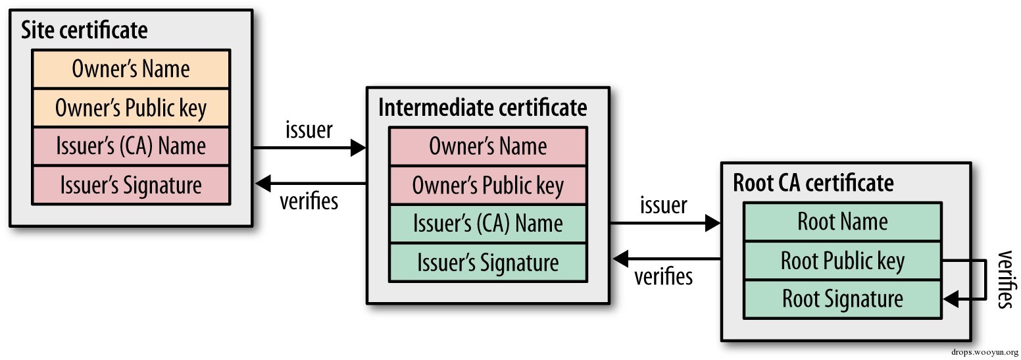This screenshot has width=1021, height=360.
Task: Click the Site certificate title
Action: tap(84, 30)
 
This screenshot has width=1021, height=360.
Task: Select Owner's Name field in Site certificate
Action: tap(131, 69)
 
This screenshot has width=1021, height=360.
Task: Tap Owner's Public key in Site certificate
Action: tap(131, 108)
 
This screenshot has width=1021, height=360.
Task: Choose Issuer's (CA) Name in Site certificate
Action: tap(131, 146)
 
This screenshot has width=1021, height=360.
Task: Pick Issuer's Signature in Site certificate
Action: tap(131, 185)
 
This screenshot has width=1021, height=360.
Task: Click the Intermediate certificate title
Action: tap(482, 107)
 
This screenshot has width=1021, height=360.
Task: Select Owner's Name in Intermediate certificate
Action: tap(487, 146)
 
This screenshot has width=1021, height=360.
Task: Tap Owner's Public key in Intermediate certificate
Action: tap(487, 186)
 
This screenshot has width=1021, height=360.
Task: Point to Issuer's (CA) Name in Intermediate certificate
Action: tap(487, 224)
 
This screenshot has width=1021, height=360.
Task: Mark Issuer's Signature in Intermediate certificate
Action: tap(487, 263)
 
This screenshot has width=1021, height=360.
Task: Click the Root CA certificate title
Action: tap(813, 182)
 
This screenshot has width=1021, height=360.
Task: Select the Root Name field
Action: tap(843, 222)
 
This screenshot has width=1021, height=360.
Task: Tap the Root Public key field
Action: tap(843, 261)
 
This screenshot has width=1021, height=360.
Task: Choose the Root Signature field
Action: tap(843, 299)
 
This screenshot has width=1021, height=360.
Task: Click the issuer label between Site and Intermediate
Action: tap(309, 130)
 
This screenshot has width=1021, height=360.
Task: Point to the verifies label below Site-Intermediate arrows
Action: tap(309, 201)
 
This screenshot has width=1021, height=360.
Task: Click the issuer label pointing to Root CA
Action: tap(664, 205)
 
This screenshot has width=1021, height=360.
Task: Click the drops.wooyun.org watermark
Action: tap(984, 353)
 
